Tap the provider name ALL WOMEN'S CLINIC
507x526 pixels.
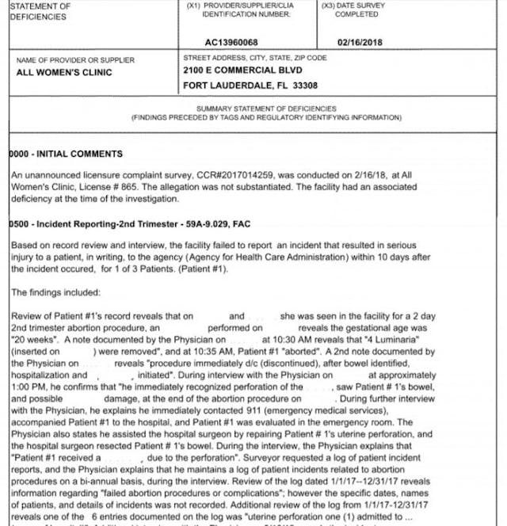(x=64, y=72)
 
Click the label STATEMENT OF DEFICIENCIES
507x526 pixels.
(x=40, y=11)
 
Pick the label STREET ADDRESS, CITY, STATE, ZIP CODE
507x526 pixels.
(x=254, y=59)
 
